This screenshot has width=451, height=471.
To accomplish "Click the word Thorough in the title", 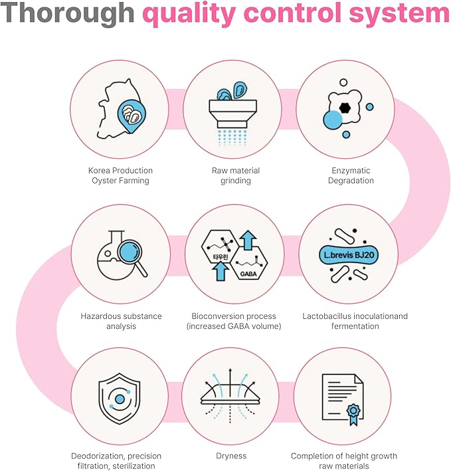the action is coord(67,13).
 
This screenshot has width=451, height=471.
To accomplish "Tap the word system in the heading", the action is coord(399,13).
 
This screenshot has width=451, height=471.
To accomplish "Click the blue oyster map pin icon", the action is coord(132,116).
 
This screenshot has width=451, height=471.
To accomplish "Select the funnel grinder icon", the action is coord(232,114).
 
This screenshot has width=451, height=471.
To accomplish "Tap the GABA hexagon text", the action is coord(248,274).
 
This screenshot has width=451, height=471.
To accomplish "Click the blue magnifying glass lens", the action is coord(130,250).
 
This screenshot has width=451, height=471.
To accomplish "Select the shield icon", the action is coord(120,399).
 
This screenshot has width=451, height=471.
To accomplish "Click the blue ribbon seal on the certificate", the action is coord(353,413).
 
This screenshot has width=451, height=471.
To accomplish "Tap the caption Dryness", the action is coord(231,456).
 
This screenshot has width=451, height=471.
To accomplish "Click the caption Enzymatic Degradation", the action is coord(351,175).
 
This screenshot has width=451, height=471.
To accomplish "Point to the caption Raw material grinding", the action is coord(236,175).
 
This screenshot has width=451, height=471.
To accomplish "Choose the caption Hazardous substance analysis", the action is coord(121,321).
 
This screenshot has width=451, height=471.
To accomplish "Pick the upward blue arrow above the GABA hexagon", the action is coord(248,240).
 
